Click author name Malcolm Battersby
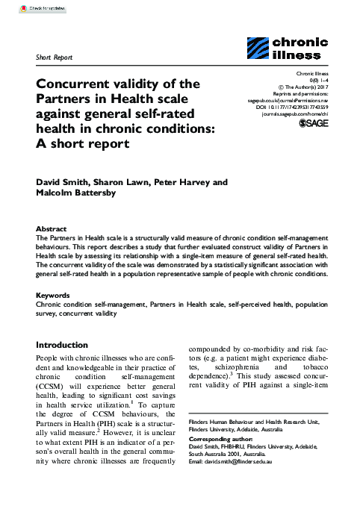(x=83, y=194)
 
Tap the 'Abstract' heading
(x=53, y=228)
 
